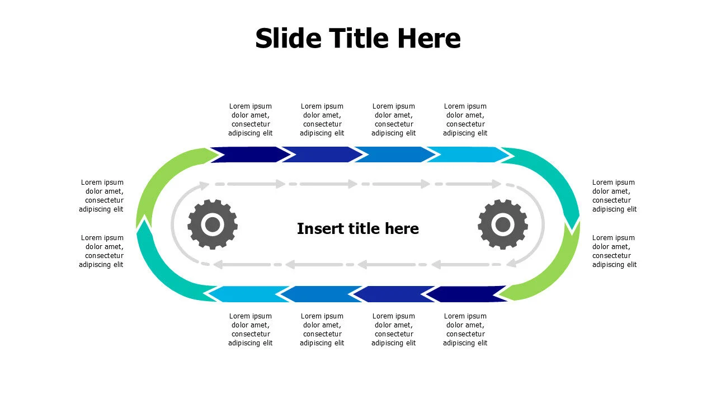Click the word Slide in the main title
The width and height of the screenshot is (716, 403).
[288, 38]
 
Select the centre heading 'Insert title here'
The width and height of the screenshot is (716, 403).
[357, 228]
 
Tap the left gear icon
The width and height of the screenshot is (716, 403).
[213, 224]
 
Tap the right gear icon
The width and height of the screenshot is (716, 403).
[503, 224]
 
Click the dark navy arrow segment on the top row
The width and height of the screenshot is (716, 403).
[250, 154]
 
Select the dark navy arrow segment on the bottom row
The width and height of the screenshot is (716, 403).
[466, 294]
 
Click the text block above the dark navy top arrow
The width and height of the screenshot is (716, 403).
[250, 120]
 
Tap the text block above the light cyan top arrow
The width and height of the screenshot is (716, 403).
[465, 120]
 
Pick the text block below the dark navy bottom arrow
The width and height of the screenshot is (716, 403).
[465, 330]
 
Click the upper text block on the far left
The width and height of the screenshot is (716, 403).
[101, 196]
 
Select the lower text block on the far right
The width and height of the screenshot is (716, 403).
[614, 251]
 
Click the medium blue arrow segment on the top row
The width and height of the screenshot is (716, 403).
[395, 154]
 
